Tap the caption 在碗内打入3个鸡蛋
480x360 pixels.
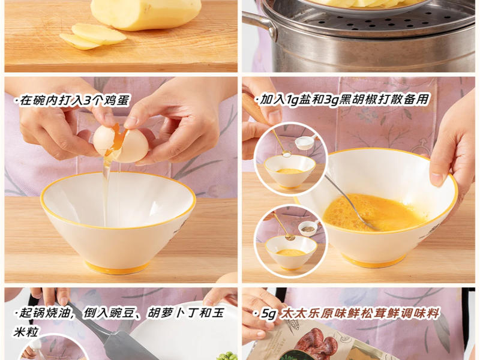click(73, 100)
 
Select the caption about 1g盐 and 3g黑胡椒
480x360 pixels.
click(342, 100)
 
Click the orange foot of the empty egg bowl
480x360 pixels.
click(118, 267)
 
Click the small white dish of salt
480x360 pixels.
click(306, 142)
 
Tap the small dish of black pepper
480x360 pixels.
click(308, 228)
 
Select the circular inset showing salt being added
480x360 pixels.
click(290, 158)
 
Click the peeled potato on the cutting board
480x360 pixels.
click(146, 14)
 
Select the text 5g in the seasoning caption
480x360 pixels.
click(268, 314)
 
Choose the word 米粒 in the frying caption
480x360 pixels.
click(25, 332)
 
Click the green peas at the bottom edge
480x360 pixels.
click(227, 356)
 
